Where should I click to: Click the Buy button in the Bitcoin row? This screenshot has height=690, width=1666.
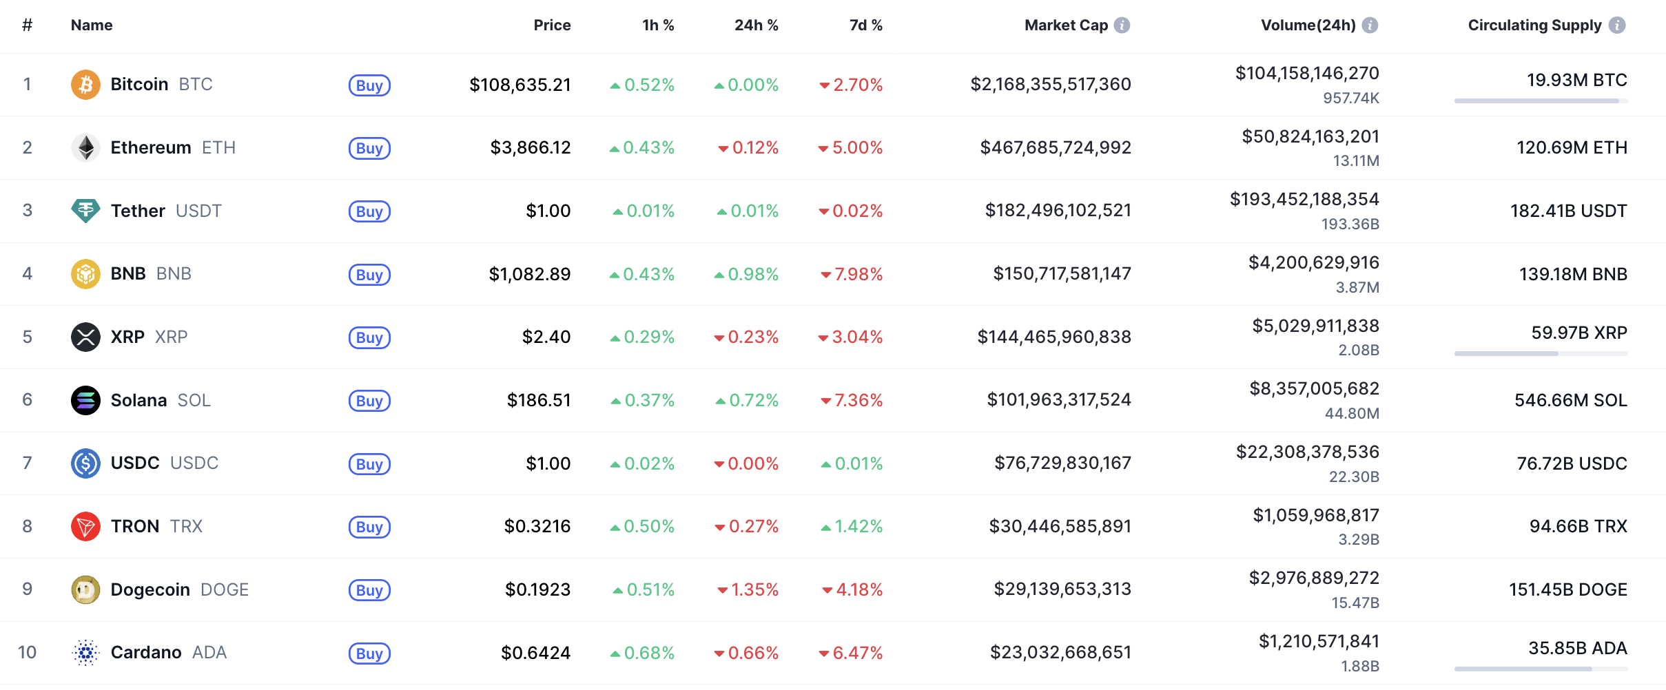(x=369, y=85)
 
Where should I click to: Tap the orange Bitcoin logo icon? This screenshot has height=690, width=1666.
(x=85, y=85)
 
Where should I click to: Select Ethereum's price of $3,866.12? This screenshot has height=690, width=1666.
(x=530, y=147)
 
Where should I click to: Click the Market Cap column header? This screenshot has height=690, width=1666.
(x=1066, y=25)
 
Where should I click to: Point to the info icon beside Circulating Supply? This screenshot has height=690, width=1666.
(x=1617, y=25)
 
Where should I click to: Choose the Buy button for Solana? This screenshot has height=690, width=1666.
(x=369, y=401)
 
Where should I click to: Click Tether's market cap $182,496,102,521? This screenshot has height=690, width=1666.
(x=1058, y=211)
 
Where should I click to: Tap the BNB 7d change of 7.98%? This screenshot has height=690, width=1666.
(x=852, y=274)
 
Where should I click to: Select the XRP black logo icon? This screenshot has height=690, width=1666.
(x=85, y=337)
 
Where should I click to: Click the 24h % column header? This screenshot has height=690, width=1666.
(x=756, y=25)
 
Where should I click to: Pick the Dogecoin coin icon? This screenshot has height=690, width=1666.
(x=85, y=589)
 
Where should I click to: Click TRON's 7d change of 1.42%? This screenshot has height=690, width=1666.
(x=852, y=527)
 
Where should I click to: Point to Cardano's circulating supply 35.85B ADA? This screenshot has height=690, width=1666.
(x=1577, y=648)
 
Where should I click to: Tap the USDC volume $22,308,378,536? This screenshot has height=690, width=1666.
(x=1307, y=452)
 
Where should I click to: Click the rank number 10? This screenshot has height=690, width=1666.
(x=27, y=652)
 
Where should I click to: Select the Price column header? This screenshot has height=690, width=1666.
(x=552, y=25)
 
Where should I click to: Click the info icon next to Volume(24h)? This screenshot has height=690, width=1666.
(x=1370, y=25)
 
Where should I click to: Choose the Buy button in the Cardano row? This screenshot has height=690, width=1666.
(x=369, y=654)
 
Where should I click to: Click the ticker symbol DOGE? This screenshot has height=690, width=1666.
(x=225, y=590)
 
